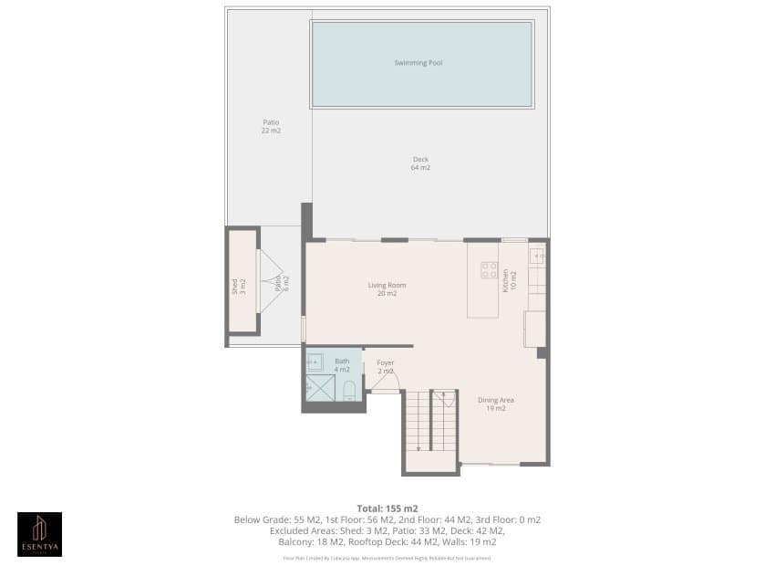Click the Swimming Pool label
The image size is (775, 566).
pos(418,63)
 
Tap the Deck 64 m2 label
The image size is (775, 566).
pos(420,163)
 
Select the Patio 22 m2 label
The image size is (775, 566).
pos(271,126)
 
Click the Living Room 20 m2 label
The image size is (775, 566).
pos(387,289)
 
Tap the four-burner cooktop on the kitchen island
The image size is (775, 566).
pos(489,269)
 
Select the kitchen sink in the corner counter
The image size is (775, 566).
pos(537,257)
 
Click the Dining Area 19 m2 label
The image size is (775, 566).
pos(496,404)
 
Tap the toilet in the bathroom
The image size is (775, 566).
pos(348,391)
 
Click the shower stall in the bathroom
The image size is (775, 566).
pos(319,388)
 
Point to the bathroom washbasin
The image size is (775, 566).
pos(315,361)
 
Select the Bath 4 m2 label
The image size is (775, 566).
pos(342,365)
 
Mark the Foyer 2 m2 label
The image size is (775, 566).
pos(386,367)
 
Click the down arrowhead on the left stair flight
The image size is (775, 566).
pos(418,448)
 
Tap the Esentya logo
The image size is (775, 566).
pos(39,534)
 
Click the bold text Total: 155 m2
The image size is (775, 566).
pos(387,508)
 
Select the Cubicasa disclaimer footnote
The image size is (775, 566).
pos(387,557)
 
